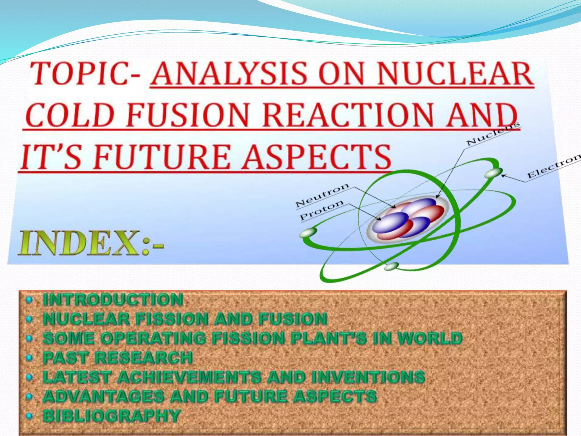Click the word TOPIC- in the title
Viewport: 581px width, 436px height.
(x=85, y=74)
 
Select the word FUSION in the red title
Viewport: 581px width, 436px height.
(x=187, y=115)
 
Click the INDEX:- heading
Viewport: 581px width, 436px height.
(x=91, y=243)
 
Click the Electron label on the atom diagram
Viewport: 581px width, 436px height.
(x=553, y=166)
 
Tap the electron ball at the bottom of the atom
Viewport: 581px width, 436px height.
(x=392, y=267)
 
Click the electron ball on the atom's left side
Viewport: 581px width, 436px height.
(x=308, y=232)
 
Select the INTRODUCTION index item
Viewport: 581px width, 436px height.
(x=113, y=300)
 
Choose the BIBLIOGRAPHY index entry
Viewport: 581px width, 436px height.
(x=111, y=416)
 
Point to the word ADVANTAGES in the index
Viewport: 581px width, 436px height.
(x=104, y=397)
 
